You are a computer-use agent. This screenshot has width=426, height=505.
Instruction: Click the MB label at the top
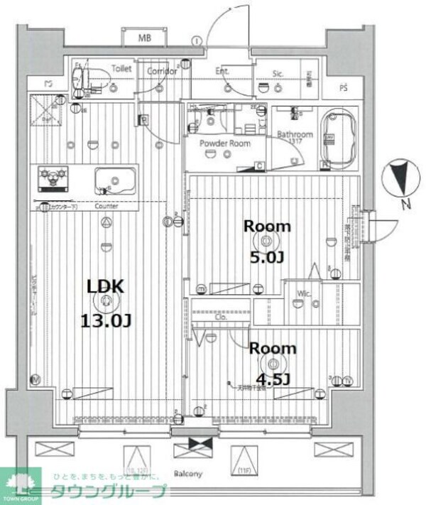click(x=144, y=37)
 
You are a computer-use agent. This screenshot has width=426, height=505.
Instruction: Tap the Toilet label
click(x=121, y=70)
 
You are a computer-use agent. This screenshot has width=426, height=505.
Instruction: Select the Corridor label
click(x=162, y=70)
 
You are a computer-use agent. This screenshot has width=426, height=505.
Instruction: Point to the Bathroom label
click(x=295, y=134)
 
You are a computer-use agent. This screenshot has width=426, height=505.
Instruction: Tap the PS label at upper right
click(x=343, y=88)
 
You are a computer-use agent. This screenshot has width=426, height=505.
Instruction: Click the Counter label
click(x=106, y=207)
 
